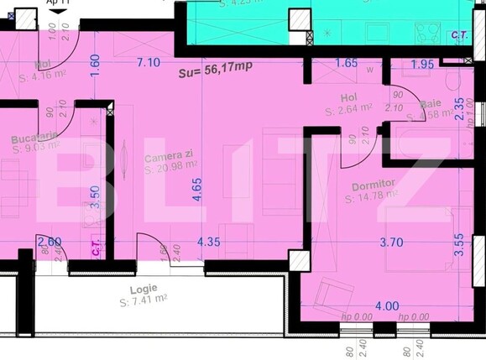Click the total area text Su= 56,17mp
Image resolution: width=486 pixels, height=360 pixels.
pyautogui.click(x=215, y=73)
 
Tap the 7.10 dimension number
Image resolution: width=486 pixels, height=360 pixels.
pyautogui.click(x=149, y=62)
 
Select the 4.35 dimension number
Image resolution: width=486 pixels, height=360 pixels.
pyautogui.click(x=208, y=242)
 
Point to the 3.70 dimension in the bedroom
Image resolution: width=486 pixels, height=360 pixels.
pyautogui.click(x=391, y=242)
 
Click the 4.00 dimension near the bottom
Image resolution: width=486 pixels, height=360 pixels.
pyautogui.click(x=387, y=305)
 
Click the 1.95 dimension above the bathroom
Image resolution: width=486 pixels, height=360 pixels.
pyautogui.click(x=423, y=64)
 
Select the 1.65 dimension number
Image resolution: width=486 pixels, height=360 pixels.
pyautogui.click(x=347, y=63)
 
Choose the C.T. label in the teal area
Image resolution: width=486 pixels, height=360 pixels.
pyautogui.click(x=459, y=34)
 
